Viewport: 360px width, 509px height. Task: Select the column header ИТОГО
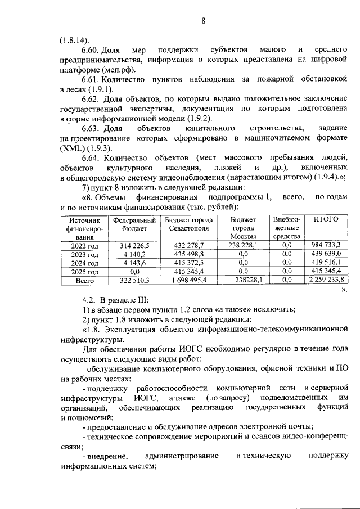pyautogui.click(x=325, y=219)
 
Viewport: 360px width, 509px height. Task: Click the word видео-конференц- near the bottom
pyautogui.click(x=312, y=437)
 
